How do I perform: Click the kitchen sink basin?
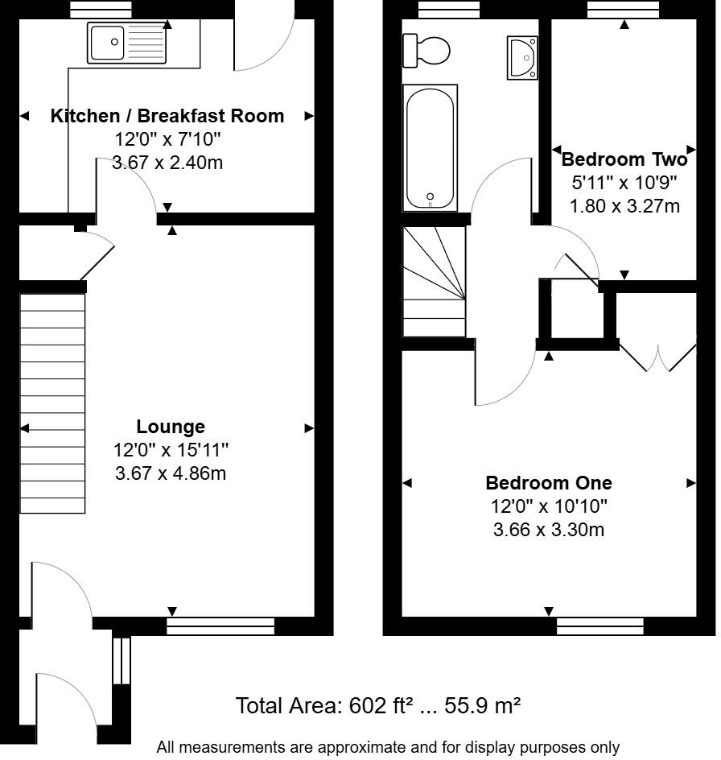coord(107,43)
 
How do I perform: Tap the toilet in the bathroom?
coord(426,51)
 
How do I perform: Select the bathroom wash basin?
coord(522,57)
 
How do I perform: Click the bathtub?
coord(430,148)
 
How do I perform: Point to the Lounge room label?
coord(171,427)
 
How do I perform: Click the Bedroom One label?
coord(549,483)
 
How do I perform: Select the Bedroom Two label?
coord(624,159)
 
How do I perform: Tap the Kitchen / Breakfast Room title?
coord(167,116)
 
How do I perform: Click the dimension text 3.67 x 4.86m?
coord(171,473)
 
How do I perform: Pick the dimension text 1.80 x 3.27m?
coord(624,206)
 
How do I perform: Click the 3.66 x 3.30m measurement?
coord(549,529)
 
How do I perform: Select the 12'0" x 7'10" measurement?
coord(167,139)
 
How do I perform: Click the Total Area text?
coord(378,706)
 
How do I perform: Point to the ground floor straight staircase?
coord(52,403)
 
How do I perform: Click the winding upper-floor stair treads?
coord(435,282)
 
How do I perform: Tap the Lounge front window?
coord(220,626)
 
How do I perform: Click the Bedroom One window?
coord(600,626)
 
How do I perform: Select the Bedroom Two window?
coord(623,9)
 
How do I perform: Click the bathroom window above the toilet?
coord(449,9)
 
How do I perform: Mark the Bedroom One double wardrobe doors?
coord(658,358)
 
